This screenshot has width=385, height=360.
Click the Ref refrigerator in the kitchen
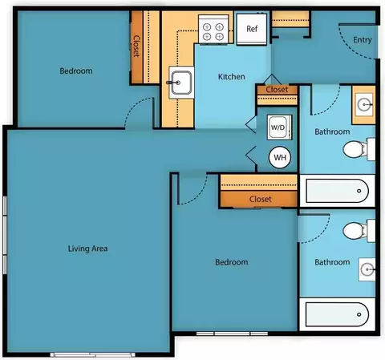[x=251, y=29]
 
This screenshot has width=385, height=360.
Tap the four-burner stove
[x=213, y=29]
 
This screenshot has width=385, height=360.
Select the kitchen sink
[x=181, y=83]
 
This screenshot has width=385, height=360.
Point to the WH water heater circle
[x=280, y=157]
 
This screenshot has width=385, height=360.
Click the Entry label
[x=363, y=40]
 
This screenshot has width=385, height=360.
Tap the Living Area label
[x=87, y=249]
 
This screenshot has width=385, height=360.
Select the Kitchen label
[x=232, y=77]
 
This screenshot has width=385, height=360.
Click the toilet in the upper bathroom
[x=359, y=149]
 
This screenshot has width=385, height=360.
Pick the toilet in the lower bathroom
[x=359, y=231]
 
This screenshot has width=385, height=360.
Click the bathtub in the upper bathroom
[x=337, y=191]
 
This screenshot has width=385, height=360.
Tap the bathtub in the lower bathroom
[x=337, y=314]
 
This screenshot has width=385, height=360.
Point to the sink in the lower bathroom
[x=367, y=269]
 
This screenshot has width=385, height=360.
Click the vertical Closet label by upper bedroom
[x=136, y=47]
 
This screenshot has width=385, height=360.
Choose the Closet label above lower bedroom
[x=261, y=199]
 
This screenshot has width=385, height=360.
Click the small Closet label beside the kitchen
[x=277, y=90]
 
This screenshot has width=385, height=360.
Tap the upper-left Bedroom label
[x=76, y=71]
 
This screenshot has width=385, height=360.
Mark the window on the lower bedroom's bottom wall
[x=232, y=334]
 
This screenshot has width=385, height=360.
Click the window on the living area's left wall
[x=5, y=235]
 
